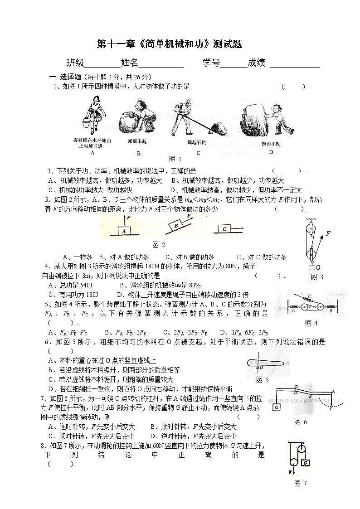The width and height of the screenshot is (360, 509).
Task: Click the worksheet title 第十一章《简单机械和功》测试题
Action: click(x=170, y=44)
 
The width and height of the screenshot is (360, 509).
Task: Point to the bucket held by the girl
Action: click(x=86, y=124)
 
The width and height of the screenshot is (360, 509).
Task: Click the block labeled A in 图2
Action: click(x=124, y=231)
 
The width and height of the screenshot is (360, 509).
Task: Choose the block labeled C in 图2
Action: click(x=224, y=229)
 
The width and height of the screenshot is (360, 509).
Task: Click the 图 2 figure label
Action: click(x=159, y=245)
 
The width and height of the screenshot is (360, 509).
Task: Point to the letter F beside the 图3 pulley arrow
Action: click(x=328, y=233)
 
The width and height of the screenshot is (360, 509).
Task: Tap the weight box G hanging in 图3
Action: click(x=311, y=267)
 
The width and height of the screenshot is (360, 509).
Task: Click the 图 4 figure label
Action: click(x=311, y=323)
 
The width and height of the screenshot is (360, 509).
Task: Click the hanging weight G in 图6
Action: click(x=276, y=408)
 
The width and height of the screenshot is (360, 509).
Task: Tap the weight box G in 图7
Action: click(x=306, y=463)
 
